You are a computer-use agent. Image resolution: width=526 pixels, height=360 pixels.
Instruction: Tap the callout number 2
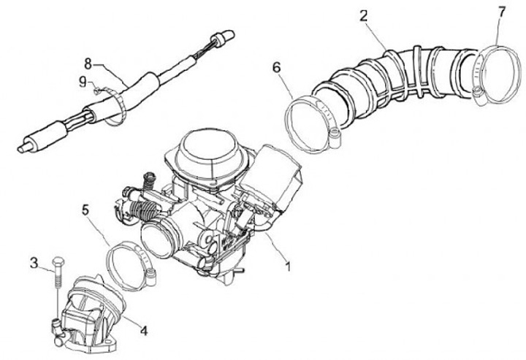click(363, 15)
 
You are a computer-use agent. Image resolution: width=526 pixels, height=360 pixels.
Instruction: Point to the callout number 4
click(143, 330)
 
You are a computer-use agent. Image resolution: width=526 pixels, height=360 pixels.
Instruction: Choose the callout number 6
click(276, 67)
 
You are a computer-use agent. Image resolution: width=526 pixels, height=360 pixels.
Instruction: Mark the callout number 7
click(501, 12)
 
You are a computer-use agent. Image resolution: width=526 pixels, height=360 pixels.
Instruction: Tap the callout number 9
click(83, 81)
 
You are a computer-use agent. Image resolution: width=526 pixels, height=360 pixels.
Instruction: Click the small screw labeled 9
click(96, 90)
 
